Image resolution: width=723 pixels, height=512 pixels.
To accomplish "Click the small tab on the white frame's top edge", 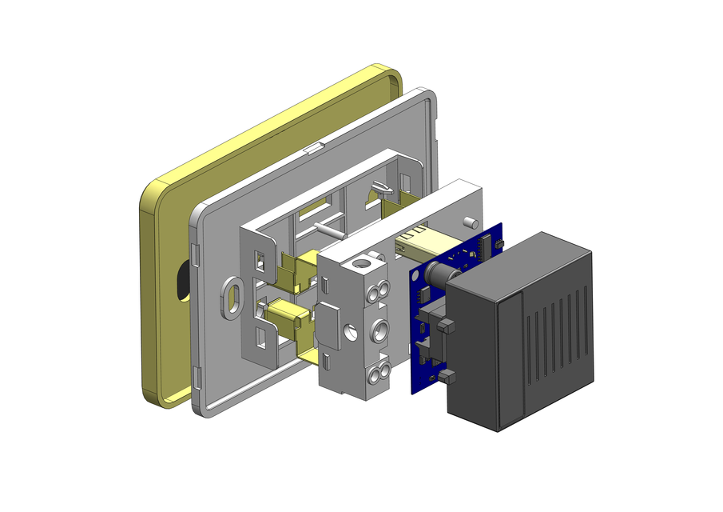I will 313,147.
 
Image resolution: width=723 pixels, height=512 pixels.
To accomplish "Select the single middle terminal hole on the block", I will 378,329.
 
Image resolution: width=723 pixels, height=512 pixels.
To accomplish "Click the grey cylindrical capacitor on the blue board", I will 438,274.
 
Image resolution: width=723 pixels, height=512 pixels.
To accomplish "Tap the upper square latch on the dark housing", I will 447,326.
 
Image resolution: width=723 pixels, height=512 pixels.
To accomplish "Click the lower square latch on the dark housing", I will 447,375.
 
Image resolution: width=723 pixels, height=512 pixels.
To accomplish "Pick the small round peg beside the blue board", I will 470,221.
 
